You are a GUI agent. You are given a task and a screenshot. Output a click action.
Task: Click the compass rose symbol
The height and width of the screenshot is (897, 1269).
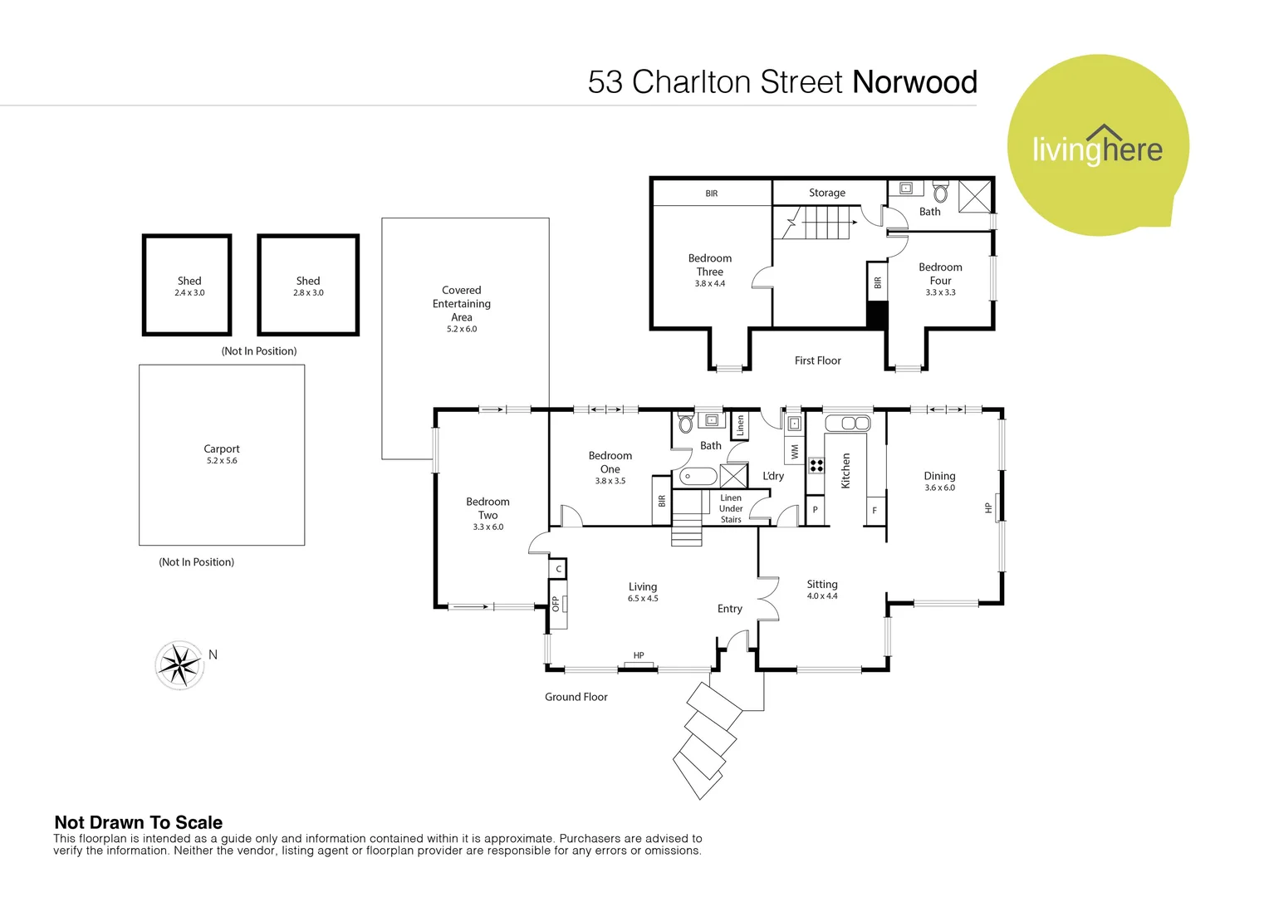tap(179, 664)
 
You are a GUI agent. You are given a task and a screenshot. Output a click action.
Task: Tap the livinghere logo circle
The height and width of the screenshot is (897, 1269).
tap(1097, 146)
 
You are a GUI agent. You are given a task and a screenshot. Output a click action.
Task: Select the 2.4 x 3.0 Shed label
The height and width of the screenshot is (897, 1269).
tap(189, 286)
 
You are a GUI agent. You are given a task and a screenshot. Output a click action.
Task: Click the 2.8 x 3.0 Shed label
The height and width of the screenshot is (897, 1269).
tap(308, 286)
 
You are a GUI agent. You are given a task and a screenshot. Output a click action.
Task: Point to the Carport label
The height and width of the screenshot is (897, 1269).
tap(222, 453)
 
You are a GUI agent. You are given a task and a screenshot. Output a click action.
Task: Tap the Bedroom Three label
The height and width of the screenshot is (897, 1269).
tap(710, 271)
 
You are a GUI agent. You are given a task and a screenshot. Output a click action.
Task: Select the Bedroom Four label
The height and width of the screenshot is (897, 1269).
tap(940, 279)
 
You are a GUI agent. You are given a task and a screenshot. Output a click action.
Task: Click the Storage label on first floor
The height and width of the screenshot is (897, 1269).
tap(827, 193)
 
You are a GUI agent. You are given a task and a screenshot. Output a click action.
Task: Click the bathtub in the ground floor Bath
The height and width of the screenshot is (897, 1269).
tap(698, 477)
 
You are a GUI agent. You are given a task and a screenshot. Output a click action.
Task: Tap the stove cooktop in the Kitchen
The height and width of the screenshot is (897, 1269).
tap(816, 465)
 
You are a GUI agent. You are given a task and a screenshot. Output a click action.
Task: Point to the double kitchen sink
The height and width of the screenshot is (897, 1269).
tap(848, 423)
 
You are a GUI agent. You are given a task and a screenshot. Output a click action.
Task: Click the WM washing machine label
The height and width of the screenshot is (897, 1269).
tap(795, 452)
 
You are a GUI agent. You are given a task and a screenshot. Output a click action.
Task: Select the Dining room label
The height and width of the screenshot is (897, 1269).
tap(939, 481)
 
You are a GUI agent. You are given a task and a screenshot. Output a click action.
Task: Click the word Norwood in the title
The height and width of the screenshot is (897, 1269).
tap(914, 82)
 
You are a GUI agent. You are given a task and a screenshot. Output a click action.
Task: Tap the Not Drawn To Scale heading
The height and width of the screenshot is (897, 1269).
tap(138, 822)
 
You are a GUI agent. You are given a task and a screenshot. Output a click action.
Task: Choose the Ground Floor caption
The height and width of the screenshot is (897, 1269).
tap(576, 697)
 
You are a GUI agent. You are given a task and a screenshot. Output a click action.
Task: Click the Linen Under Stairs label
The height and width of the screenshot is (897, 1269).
tap(731, 508)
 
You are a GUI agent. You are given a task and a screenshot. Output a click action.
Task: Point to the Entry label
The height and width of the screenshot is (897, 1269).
tap(730, 609)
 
